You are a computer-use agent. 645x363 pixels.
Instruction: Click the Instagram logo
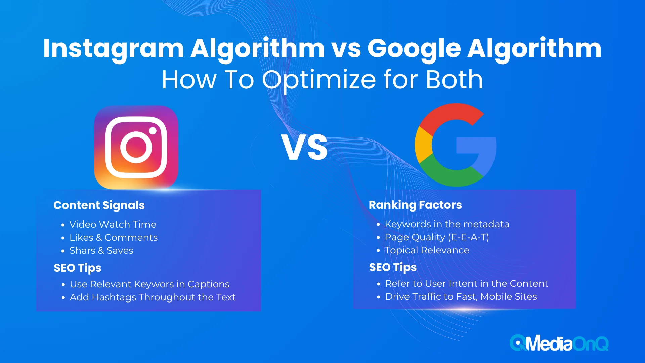click(x=136, y=147)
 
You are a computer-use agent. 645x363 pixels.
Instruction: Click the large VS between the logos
click(x=304, y=147)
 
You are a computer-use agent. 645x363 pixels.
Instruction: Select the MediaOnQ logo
click(x=559, y=343)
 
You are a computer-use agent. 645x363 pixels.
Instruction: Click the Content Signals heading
click(x=99, y=205)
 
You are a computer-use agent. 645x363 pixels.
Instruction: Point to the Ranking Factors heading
click(x=415, y=205)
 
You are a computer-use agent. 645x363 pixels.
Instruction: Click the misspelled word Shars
click(x=82, y=250)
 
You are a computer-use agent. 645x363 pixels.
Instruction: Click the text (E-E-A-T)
click(x=469, y=237)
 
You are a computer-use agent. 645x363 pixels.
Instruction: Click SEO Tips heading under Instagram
click(x=78, y=268)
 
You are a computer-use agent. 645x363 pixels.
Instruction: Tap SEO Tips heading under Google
click(x=393, y=267)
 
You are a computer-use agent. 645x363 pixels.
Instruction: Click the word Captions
click(x=209, y=284)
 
